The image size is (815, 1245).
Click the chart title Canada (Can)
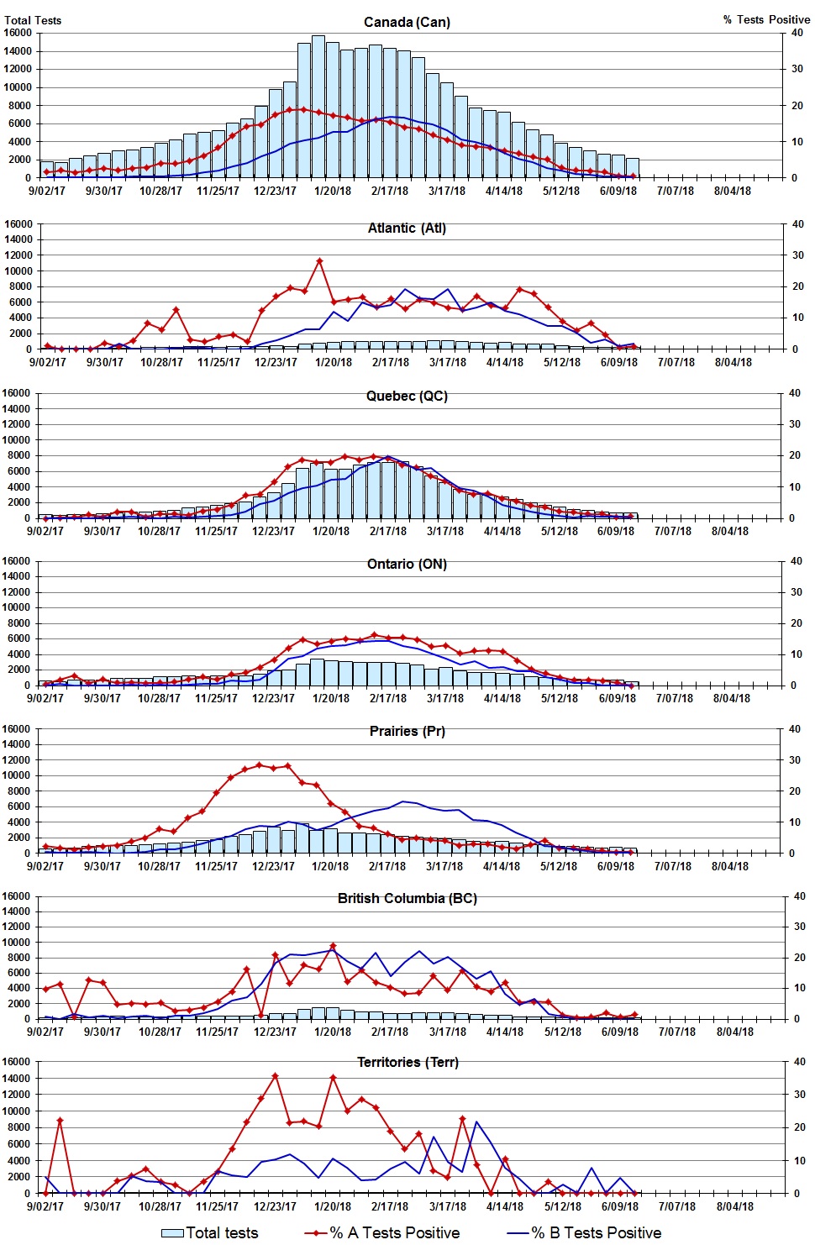(x=407, y=22)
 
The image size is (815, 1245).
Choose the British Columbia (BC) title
(x=407, y=898)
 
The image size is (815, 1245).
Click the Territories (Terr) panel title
(x=407, y=1062)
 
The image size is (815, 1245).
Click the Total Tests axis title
(x=33, y=20)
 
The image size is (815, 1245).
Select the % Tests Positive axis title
(x=766, y=19)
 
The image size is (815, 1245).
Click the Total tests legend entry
(x=210, y=1232)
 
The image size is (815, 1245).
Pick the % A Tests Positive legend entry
(x=382, y=1232)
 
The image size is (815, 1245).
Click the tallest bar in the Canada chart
(x=318, y=105)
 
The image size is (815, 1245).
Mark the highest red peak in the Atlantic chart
(x=319, y=261)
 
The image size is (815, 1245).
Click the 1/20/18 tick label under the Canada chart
(x=332, y=191)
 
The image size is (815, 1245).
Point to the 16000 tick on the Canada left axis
(x=18, y=33)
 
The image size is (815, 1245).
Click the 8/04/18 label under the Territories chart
(x=734, y=1206)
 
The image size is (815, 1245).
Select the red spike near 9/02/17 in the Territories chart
(x=60, y=1120)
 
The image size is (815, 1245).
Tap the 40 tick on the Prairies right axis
(x=794, y=729)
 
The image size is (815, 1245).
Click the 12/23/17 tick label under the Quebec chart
(x=273, y=531)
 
